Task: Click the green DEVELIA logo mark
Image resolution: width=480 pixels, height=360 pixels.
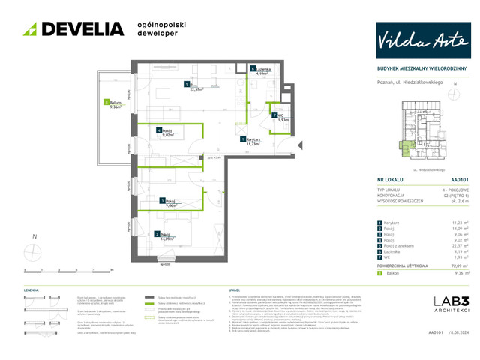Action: (31, 29)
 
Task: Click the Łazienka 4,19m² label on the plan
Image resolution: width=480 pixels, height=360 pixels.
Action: (261, 72)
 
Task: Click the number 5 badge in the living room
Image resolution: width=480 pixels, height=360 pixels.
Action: (186, 84)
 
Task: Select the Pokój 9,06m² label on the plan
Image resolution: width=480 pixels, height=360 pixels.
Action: (168, 202)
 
